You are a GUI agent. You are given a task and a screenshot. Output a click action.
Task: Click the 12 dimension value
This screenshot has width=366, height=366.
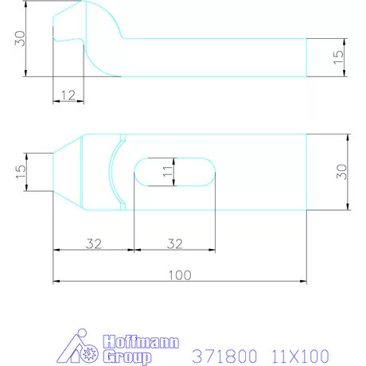[68, 95]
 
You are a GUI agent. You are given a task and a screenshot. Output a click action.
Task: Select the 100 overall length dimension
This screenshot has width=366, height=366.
[180, 275]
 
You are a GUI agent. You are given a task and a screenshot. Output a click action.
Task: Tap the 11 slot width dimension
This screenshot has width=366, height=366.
[167, 172]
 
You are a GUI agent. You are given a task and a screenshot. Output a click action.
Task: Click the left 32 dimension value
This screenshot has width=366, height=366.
[94, 243]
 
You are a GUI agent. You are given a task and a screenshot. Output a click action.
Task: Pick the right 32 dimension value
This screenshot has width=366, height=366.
[175, 243]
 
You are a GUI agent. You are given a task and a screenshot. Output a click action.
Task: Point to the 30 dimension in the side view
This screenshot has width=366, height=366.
[20, 38]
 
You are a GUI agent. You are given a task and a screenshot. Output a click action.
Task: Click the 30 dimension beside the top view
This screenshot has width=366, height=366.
[341, 172]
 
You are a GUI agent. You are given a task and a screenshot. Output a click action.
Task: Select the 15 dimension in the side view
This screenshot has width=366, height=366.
[338, 57]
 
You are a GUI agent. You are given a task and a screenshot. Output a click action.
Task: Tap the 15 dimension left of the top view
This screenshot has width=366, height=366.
[21, 172]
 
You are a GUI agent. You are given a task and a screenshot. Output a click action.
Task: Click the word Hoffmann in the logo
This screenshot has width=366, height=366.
[141, 341]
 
